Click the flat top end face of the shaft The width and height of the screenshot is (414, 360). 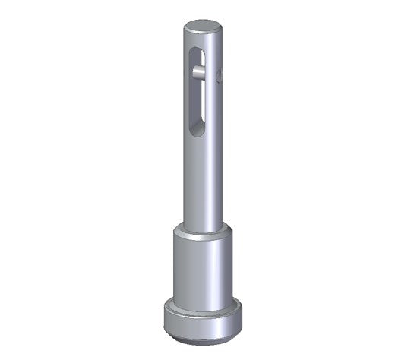[203, 25]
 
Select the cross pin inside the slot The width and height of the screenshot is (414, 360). [198, 73]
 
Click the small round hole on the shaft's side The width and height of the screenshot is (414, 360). [219, 75]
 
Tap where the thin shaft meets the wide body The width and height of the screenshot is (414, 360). [203, 226]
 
